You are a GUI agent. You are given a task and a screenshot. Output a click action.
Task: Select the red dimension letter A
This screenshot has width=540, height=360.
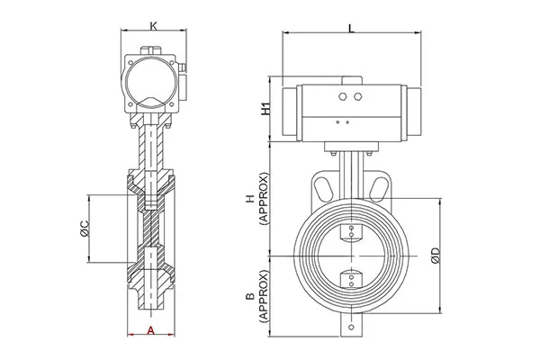tap(151, 330)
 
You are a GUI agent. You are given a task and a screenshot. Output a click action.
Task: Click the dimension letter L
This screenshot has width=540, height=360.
tap(350, 29)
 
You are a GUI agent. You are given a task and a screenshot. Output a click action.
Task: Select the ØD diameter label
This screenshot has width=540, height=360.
tap(435, 255)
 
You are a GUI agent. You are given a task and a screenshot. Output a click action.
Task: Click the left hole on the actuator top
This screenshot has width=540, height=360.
tap(344, 94)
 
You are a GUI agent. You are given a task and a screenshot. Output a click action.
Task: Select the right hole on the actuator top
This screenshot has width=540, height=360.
tap(357, 94)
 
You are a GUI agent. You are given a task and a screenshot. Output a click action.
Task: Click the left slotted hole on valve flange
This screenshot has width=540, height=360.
tap(321, 187)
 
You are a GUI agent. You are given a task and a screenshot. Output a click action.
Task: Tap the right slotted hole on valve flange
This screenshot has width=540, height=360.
tap(382, 187)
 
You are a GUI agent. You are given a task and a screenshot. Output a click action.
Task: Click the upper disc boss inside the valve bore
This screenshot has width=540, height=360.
tap(351, 235)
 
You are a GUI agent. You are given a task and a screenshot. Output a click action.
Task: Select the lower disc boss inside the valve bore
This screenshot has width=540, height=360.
tap(351, 278)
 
